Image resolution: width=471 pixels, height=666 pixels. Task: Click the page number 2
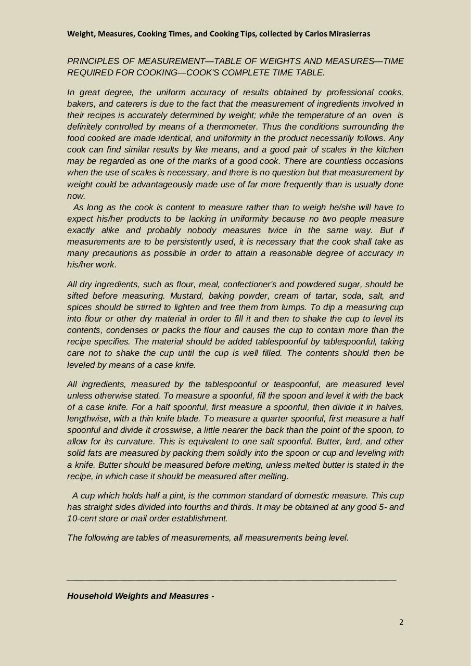tap(401, 622)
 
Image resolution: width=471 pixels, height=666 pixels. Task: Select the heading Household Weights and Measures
tap(138, 596)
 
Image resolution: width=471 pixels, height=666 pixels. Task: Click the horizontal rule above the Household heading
tap(232, 580)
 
